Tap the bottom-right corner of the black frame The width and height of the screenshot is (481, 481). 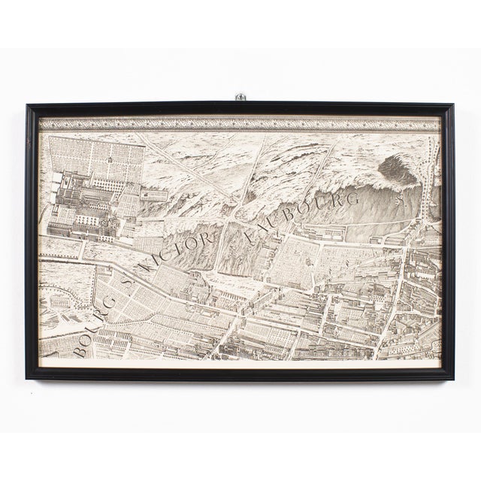pyautogui.click(x=454, y=375)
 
